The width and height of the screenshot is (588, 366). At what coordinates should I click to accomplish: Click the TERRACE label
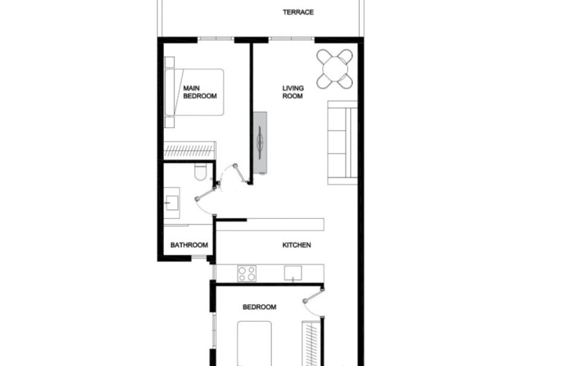298,12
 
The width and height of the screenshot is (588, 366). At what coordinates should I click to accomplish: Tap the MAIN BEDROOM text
200,93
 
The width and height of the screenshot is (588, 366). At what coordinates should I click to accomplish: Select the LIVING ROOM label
293,92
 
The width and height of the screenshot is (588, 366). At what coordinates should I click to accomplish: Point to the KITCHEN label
296,245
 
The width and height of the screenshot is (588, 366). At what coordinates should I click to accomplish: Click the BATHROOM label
190,245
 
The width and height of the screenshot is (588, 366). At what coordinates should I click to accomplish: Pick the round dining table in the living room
336,70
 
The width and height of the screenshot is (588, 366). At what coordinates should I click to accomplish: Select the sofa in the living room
342,143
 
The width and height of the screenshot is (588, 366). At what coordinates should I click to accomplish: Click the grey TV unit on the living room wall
260,142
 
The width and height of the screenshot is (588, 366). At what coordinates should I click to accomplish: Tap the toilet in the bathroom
200,172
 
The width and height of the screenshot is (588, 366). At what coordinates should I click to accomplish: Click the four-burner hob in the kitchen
247,273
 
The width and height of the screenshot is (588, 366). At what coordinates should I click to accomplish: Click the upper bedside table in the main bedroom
169,61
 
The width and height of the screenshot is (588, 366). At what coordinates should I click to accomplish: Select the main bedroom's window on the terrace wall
209,39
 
